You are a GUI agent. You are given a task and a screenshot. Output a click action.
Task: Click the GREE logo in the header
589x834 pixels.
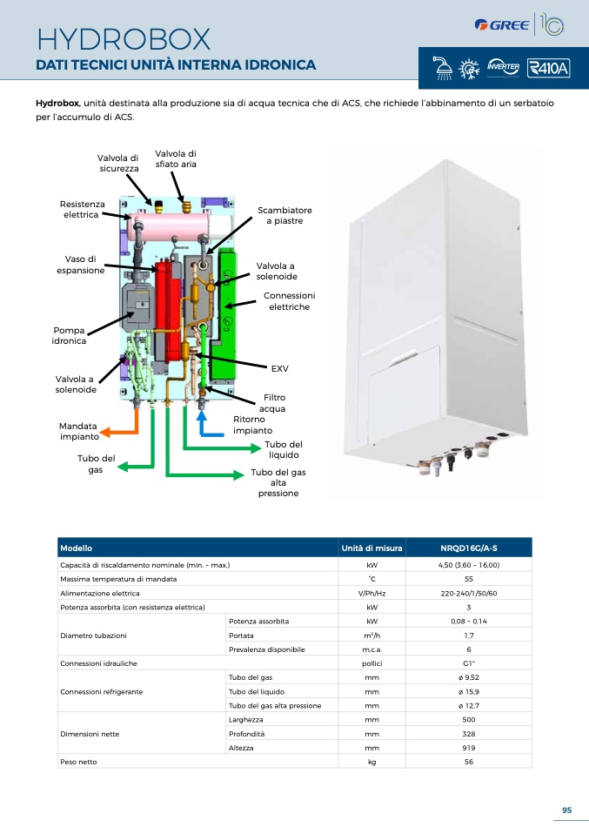click(502, 25)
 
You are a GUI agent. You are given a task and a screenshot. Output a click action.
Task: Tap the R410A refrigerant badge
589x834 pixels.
click(548, 68)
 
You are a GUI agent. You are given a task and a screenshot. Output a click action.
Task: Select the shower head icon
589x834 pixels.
click(442, 68)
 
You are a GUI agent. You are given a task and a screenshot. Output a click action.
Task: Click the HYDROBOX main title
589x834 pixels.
click(124, 39)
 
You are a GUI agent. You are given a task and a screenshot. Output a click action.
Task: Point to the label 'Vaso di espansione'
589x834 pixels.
click(80, 265)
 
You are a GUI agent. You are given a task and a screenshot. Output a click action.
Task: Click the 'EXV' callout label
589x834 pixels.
click(279, 368)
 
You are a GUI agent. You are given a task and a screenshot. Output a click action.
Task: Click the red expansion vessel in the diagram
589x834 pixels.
click(167, 308)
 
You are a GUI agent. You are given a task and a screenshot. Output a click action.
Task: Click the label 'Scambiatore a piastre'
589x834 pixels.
click(284, 215)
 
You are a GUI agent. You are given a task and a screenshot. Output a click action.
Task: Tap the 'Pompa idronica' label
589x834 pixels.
click(69, 336)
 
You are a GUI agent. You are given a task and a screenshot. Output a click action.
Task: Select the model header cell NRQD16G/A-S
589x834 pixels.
click(469, 548)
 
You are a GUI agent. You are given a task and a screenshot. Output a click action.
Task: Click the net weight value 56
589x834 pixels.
click(469, 762)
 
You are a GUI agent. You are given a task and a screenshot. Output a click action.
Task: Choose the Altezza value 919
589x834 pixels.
click(469, 748)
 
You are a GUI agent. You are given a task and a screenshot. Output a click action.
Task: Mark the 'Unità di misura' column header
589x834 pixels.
click(371, 548)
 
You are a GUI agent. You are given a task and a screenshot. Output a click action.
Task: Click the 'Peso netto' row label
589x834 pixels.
click(78, 762)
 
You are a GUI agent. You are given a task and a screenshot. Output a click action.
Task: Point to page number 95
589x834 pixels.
click(566, 810)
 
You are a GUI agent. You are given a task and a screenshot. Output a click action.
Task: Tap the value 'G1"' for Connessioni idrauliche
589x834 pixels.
click(469, 663)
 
